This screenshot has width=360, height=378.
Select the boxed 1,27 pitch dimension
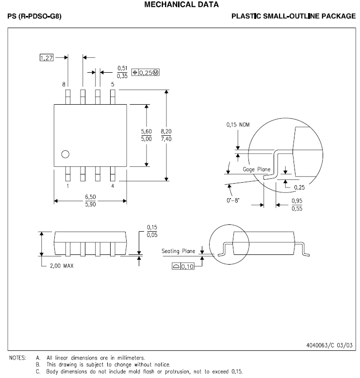click(46, 58)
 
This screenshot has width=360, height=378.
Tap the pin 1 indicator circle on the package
click(65, 155)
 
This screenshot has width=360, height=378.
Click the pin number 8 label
click(64, 84)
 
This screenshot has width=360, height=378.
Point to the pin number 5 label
click(113, 84)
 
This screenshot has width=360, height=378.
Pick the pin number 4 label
click(113, 186)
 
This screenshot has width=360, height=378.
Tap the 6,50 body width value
click(90, 197)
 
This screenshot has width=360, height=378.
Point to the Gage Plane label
click(257, 169)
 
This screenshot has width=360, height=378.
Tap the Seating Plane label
click(178, 251)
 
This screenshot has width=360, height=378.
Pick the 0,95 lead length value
click(297, 201)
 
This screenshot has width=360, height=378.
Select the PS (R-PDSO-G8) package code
click(34, 16)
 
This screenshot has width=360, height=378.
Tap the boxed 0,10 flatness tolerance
click(187, 266)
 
